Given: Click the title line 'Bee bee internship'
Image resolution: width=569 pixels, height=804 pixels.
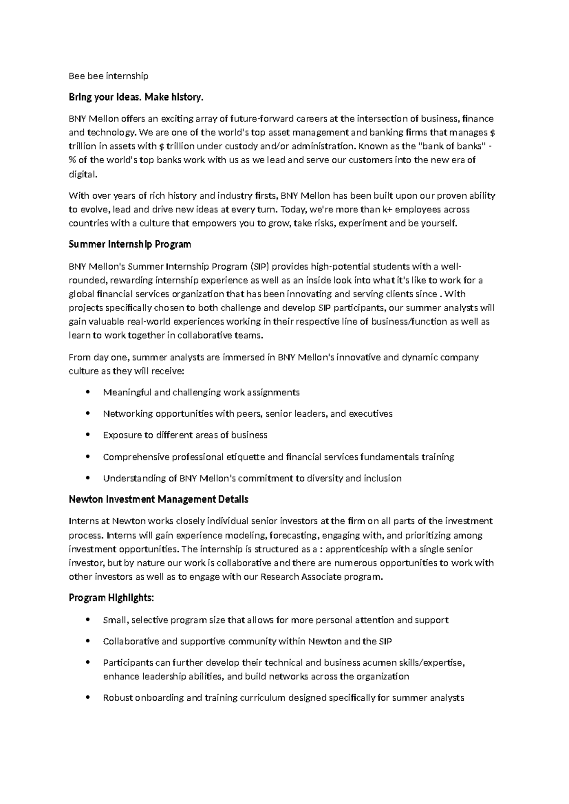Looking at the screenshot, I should [x=109, y=76].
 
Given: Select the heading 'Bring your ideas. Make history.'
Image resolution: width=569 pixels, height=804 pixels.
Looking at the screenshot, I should [x=136, y=97].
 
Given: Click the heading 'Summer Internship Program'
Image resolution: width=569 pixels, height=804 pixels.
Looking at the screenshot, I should [x=130, y=245].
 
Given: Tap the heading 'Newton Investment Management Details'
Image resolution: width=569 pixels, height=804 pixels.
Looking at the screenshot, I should [x=158, y=500].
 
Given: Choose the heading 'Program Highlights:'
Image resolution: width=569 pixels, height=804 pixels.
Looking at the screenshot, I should [x=111, y=598].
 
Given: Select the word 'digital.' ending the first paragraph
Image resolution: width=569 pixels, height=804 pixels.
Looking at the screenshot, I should [x=83, y=174].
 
